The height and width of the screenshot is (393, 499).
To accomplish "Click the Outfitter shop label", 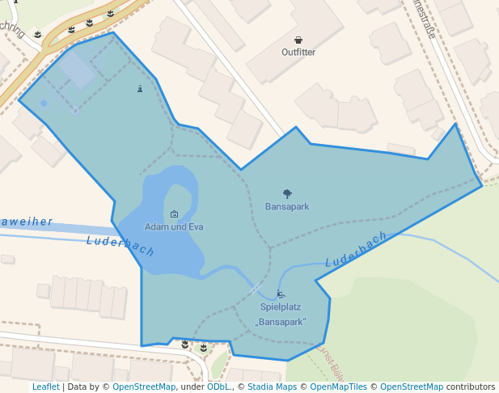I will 298,52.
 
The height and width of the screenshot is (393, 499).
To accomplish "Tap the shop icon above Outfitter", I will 298,40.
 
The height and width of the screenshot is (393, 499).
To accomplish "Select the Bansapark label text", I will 287,206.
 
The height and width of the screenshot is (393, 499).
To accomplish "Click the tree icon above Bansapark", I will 287,194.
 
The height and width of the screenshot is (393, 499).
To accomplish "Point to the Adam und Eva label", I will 174,226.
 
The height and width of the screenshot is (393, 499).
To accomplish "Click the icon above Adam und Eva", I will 174,214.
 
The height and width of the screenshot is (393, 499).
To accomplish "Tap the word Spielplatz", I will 281,307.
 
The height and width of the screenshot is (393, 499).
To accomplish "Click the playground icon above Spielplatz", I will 281,294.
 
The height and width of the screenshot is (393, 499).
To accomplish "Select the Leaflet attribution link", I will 45,387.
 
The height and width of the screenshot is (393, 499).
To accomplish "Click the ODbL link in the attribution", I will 218,387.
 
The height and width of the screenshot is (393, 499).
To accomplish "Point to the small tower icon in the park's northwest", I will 140,88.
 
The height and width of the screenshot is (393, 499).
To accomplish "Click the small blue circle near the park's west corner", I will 44,103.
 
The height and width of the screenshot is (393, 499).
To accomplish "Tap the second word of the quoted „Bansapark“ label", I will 281,322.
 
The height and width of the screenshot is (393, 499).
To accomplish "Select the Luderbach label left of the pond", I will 120,245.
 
